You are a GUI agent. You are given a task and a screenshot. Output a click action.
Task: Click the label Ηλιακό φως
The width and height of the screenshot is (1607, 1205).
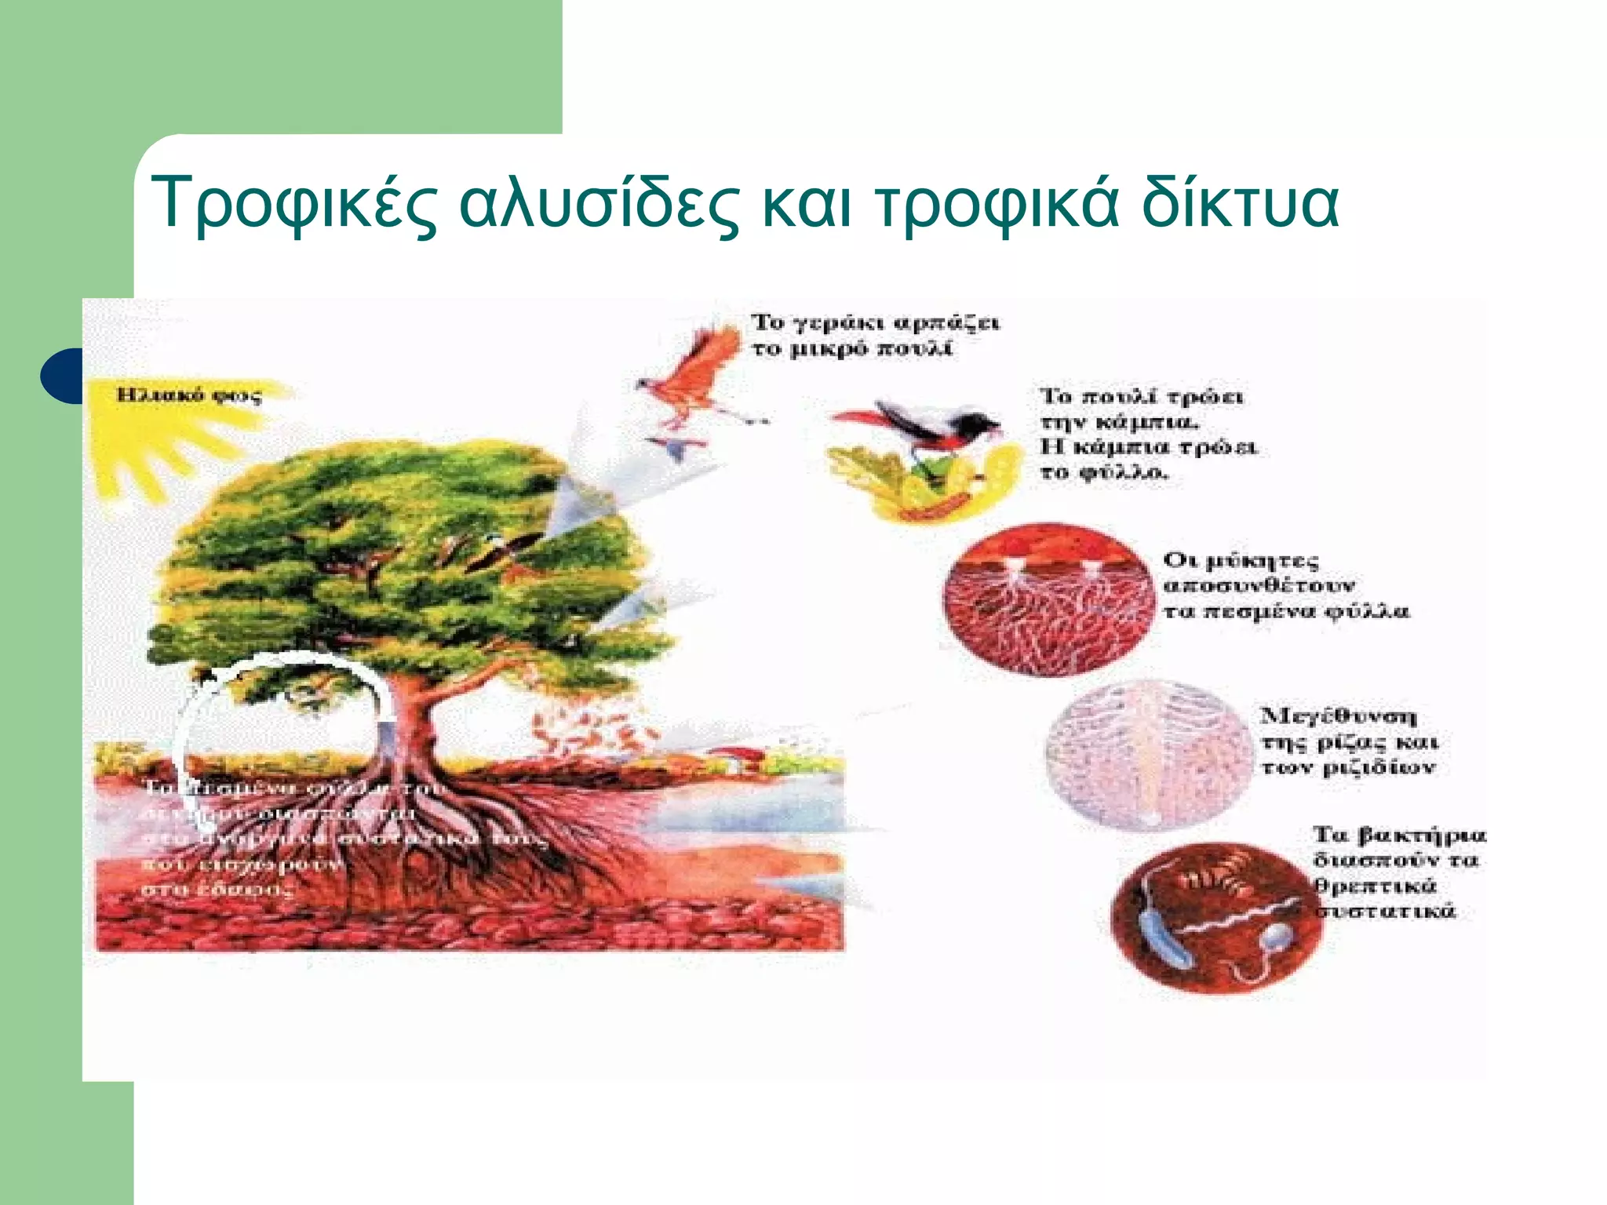[188, 395]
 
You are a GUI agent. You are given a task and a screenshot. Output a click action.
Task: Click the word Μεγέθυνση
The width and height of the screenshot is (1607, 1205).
[1339, 716]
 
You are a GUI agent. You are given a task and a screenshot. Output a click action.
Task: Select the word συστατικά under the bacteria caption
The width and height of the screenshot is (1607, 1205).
[1385, 912]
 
